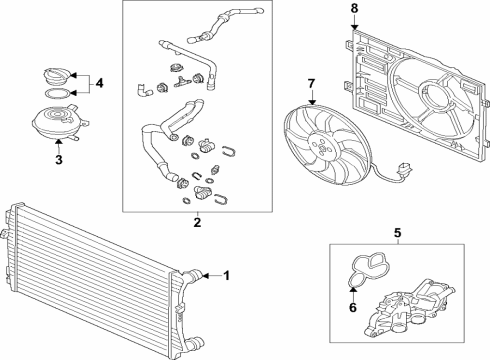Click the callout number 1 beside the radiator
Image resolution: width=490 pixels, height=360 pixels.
227,276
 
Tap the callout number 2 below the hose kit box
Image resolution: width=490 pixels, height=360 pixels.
197,222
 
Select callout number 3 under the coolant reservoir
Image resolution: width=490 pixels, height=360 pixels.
59,160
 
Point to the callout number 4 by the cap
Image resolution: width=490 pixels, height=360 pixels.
99,83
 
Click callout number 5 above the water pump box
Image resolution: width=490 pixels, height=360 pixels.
398,233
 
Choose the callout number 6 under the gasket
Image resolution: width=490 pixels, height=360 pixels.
353,307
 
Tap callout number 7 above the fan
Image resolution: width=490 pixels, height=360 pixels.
311,84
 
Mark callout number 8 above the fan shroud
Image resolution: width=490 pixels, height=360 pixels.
354,8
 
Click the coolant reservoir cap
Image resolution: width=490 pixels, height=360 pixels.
57,77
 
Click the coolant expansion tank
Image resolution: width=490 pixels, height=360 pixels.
59,121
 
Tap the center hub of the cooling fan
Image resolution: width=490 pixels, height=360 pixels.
321,147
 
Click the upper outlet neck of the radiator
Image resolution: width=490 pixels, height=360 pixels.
192,276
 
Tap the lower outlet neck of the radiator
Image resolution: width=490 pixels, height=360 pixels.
194,343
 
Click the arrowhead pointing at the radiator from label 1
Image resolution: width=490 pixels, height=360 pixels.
205,276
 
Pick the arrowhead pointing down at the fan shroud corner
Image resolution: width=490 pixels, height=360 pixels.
354,26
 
